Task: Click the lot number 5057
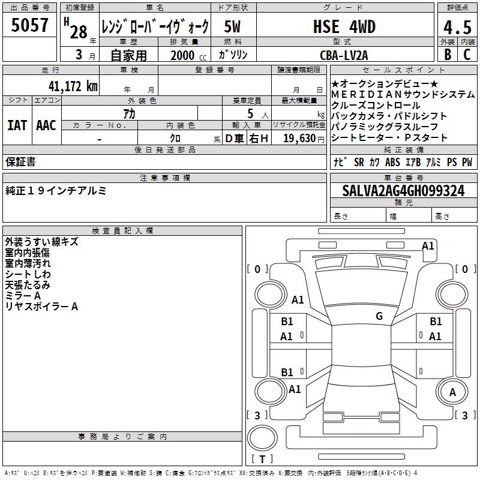point(29,25)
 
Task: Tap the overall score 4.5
point(457,27)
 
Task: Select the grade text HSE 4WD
point(344,26)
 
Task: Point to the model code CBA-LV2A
point(344,55)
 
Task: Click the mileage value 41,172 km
point(73,86)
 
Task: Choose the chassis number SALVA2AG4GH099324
point(403,190)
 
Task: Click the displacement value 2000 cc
point(188,55)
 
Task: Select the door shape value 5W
point(232,26)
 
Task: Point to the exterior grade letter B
point(448,55)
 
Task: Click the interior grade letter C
point(467,55)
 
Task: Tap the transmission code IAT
point(17,125)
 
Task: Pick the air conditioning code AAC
point(46,125)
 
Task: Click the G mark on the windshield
point(379,316)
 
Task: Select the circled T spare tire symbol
point(262,438)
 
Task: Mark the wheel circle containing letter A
point(452,392)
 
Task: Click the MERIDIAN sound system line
point(403,95)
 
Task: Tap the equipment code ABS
point(392,162)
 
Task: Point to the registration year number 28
point(79,32)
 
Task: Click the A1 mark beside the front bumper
point(428,246)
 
